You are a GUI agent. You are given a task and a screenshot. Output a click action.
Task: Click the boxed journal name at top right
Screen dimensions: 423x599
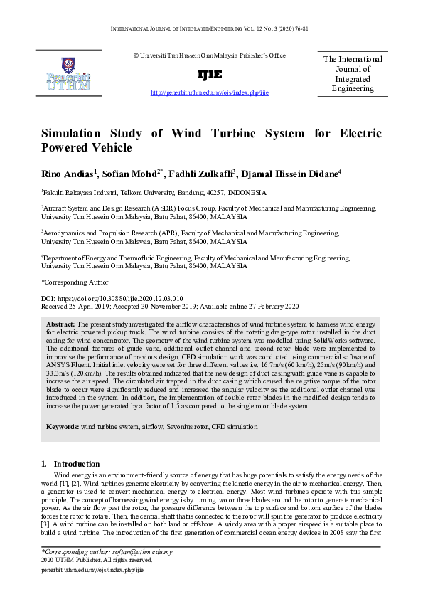tap(353, 74)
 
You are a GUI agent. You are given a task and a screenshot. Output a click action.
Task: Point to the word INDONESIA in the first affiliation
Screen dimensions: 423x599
tap(245, 193)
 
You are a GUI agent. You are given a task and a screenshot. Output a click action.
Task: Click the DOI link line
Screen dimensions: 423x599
tap(112, 299)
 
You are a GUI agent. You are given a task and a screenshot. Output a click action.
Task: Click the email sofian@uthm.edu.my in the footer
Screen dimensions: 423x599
tap(141, 552)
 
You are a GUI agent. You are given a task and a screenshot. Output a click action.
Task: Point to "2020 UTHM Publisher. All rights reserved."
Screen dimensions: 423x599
tap(97, 561)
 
